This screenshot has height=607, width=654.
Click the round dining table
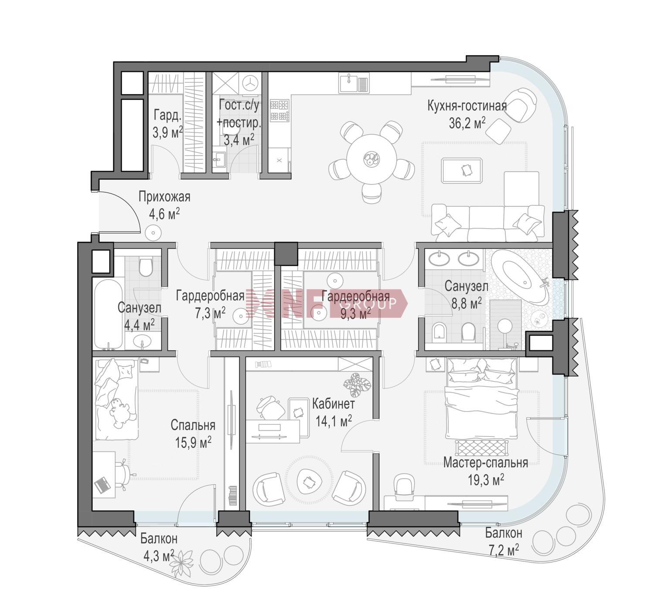tap(371, 159)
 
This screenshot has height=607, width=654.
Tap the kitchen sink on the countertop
tap(354, 83)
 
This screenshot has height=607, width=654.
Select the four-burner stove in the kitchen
tap(279, 111)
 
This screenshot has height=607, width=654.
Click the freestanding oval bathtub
tap(520, 276)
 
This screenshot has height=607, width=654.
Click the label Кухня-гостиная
tap(467, 106)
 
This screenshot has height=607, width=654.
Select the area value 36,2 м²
tap(467, 123)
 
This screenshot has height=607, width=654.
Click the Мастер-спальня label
tap(486, 462)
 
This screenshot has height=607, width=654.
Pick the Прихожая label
tap(164, 197)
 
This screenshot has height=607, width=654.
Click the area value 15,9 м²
tap(193, 443)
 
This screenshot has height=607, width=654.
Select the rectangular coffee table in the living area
tap(462, 170)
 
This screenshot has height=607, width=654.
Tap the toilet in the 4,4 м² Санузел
tap(146, 267)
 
